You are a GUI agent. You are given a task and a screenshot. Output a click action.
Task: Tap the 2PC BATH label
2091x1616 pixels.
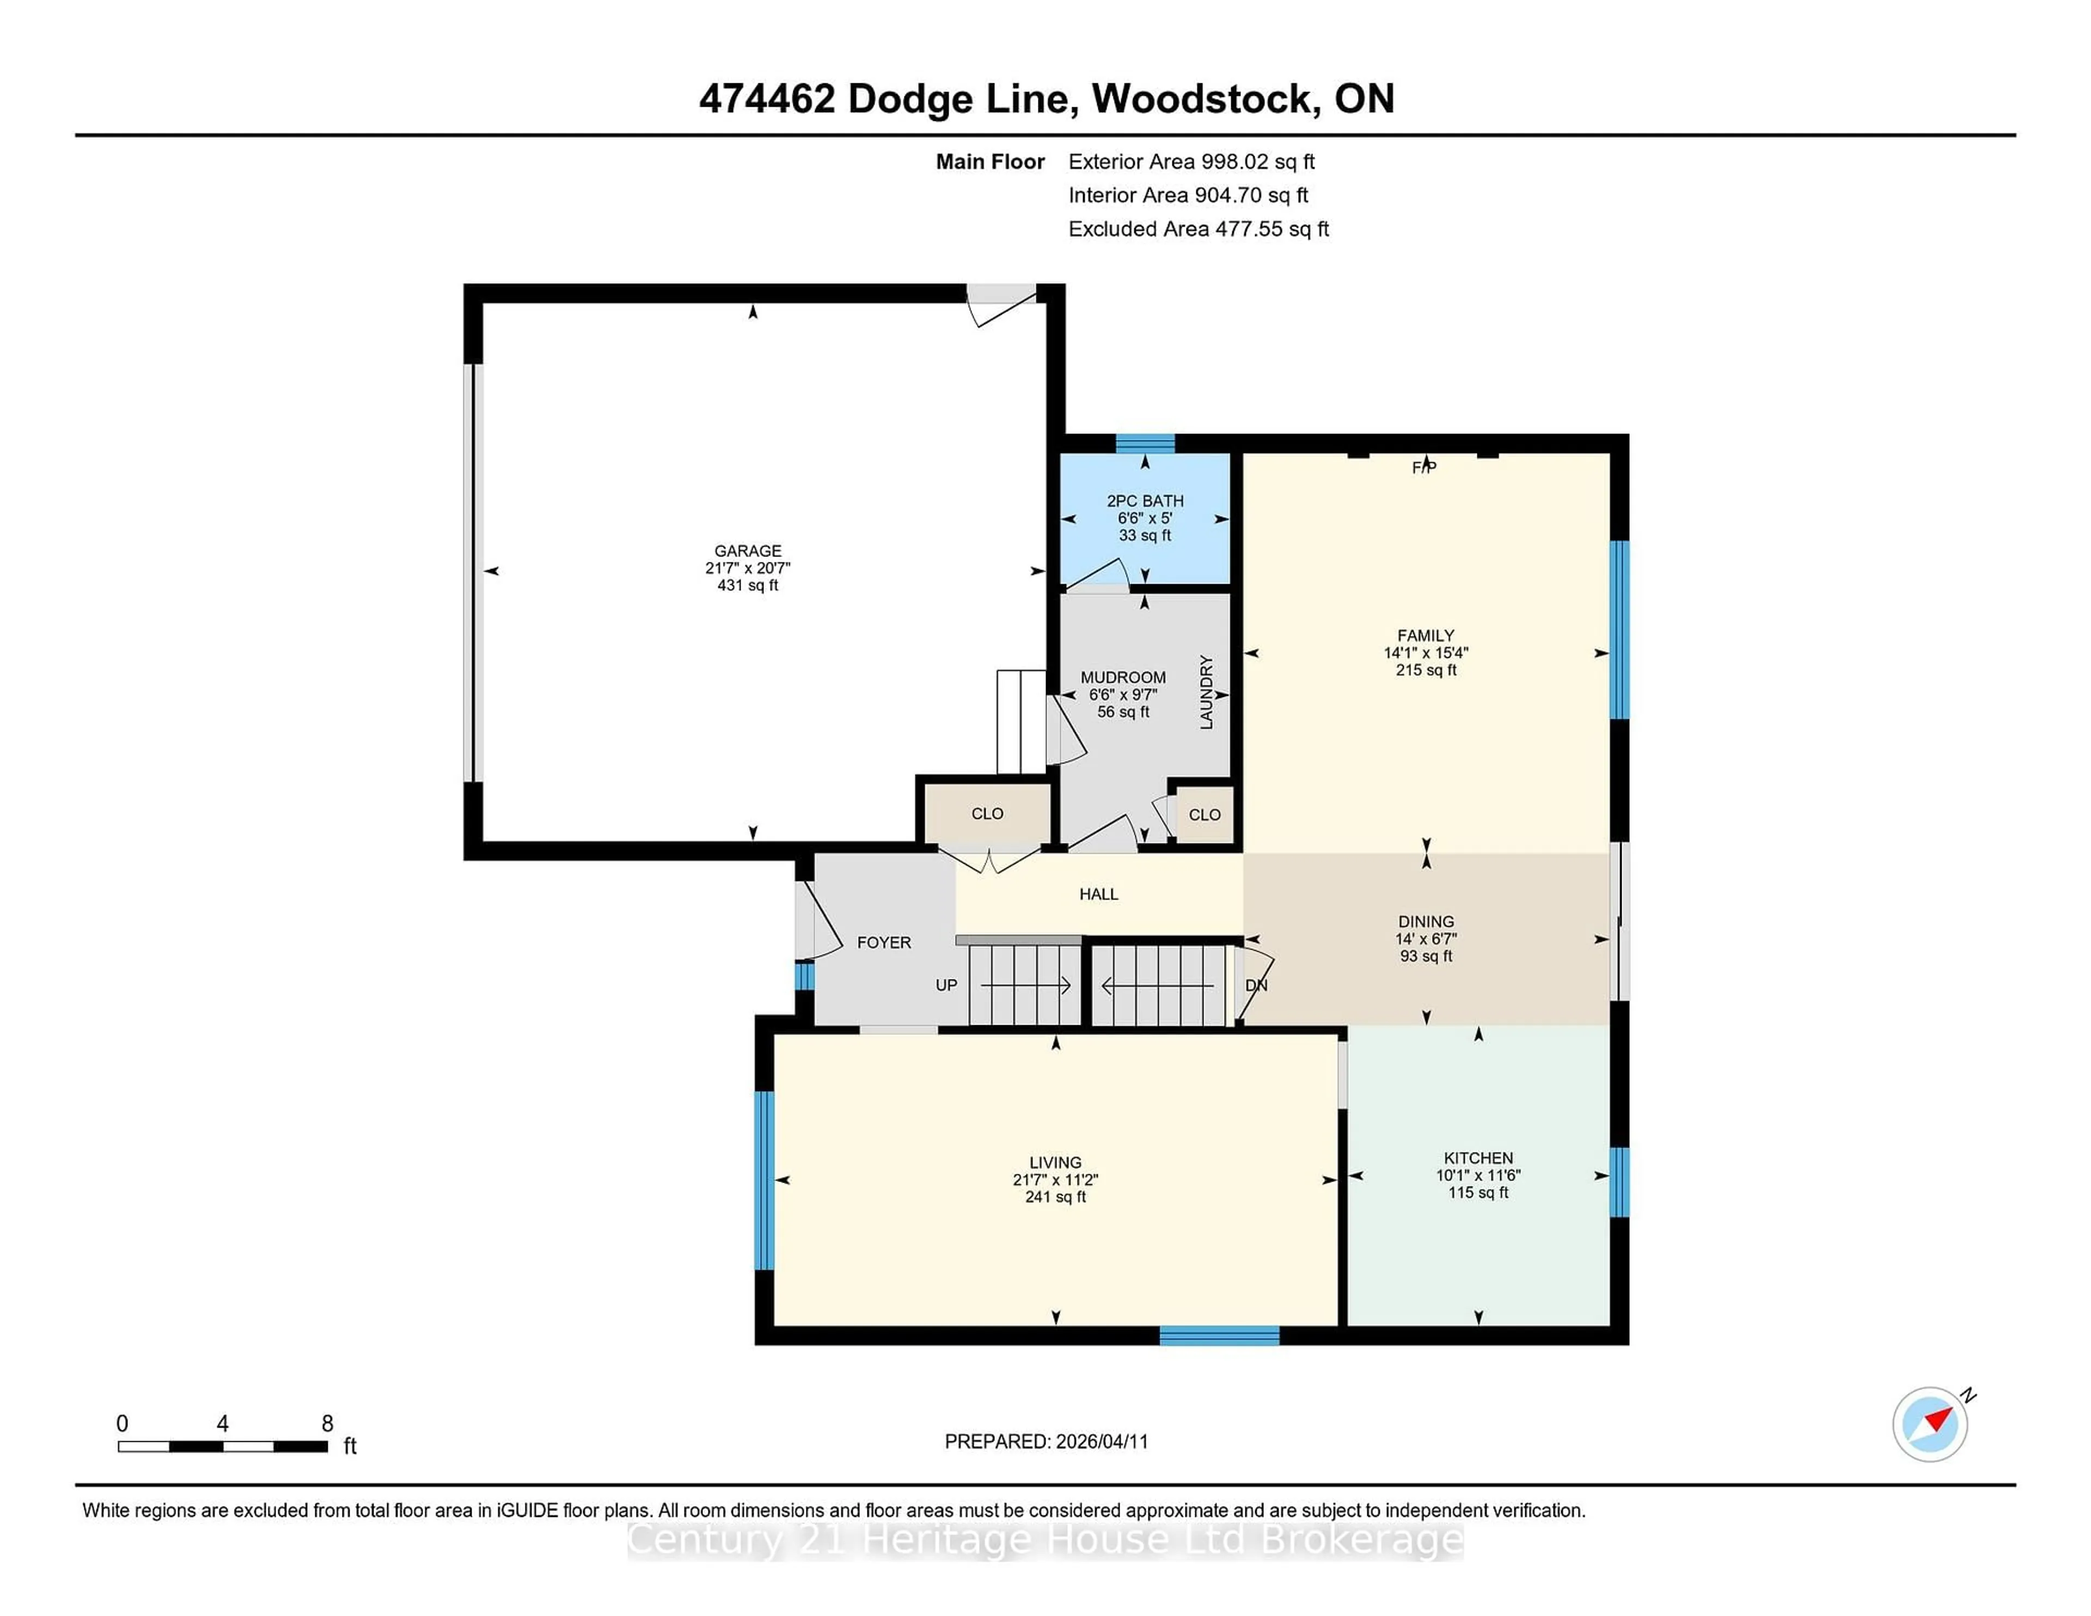click(x=1145, y=501)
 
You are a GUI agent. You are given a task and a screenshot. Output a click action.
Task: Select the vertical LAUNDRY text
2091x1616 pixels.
click(x=1206, y=692)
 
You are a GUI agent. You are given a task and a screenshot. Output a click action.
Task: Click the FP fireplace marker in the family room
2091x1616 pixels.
click(x=1424, y=467)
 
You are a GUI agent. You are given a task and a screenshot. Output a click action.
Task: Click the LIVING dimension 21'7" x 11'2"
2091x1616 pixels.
click(x=1055, y=1179)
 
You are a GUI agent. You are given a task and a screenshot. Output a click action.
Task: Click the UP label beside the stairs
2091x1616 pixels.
click(x=946, y=985)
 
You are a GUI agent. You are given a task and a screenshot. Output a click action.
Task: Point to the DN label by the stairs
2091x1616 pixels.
click(x=1256, y=985)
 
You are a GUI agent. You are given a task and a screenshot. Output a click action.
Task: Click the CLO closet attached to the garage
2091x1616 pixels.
click(x=987, y=814)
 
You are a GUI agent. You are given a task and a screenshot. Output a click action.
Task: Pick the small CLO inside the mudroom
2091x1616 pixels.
click(x=1203, y=815)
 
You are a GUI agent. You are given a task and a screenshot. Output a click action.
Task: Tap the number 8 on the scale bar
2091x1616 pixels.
click(x=327, y=1424)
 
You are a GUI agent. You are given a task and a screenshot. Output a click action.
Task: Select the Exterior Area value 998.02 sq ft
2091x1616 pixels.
click(x=1258, y=162)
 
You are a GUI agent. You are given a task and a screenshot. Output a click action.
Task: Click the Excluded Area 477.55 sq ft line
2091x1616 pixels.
click(x=1198, y=229)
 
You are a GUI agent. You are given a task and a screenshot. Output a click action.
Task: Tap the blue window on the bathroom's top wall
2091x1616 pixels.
click(x=1145, y=443)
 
